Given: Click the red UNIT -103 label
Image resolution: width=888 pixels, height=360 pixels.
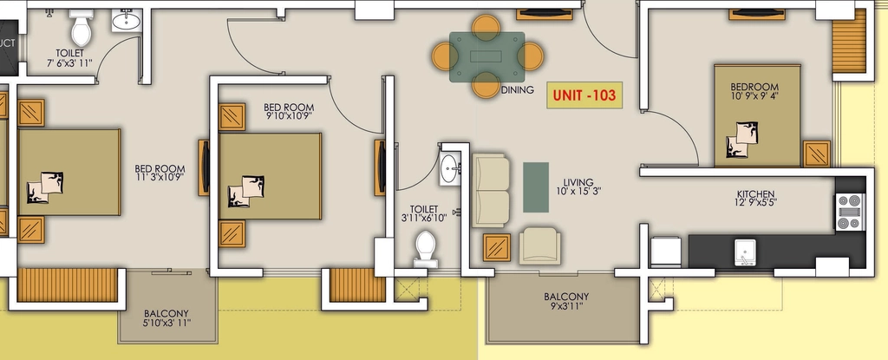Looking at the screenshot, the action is (584, 95).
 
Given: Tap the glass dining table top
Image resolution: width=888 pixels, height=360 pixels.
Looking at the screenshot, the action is (486, 56).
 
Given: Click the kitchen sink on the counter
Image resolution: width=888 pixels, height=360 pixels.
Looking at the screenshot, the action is (745, 252).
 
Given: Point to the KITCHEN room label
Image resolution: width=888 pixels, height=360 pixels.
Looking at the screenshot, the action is (756, 193).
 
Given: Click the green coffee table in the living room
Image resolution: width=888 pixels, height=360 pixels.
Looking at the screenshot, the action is (535, 187).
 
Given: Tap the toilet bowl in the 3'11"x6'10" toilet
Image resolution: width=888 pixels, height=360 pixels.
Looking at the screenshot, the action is (425, 248).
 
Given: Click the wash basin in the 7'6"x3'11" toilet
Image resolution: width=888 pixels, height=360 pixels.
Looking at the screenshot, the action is (127, 22).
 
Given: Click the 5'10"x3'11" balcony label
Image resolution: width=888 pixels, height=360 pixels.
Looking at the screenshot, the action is (167, 324).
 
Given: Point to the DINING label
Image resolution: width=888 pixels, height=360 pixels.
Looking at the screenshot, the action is (517, 89).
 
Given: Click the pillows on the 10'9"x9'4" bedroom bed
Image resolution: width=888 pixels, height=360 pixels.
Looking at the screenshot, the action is (742, 139).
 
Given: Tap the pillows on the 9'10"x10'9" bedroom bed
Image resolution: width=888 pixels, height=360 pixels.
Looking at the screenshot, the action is (245, 192).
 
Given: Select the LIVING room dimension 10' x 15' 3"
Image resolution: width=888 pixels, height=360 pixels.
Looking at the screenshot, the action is (578, 192).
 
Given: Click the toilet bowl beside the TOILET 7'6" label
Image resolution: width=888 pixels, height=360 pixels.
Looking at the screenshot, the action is (81, 29).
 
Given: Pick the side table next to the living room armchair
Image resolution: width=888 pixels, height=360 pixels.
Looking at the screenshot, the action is (497, 247).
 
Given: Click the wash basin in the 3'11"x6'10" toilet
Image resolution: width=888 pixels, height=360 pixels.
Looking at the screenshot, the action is (448, 168).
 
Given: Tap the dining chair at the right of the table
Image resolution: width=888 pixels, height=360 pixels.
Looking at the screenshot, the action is (531, 56).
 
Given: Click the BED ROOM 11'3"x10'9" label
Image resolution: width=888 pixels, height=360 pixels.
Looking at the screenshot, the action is (160, 173).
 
